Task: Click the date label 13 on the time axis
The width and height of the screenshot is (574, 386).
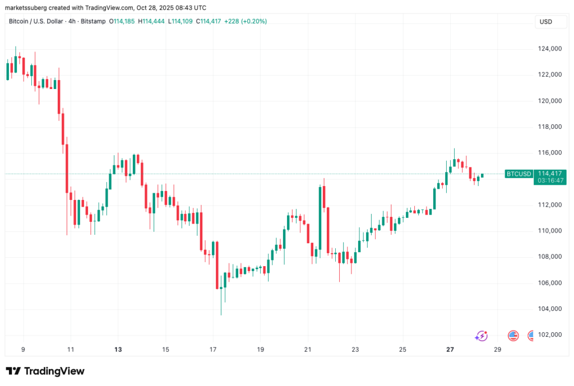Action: pyautogui.click(x=118, y=350)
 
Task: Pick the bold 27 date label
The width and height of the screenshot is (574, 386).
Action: pyautogui.click(x=450, y=350)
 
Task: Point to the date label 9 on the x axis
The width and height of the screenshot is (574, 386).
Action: pyautogui.click(x=23, y=350)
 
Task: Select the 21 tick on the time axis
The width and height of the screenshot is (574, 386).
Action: pyautogui.click(x=308, y=350)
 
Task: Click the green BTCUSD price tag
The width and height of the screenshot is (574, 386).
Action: pyautogui.click(x=519, y=174)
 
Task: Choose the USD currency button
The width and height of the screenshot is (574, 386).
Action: pyautogui.click(x=545, y=21)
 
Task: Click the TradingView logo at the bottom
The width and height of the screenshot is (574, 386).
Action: pyautogui.click(x=45, y=371)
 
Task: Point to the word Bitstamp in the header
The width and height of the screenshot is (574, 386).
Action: pyautogui.click(x=98, y=21)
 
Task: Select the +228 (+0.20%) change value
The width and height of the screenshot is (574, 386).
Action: pyautogui.click(x=246, y=21)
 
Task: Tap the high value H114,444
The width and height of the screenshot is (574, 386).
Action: pyautogui.click(x=158, y=21)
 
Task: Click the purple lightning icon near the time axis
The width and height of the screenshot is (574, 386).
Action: pyautogui.click(x=481, y=336)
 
